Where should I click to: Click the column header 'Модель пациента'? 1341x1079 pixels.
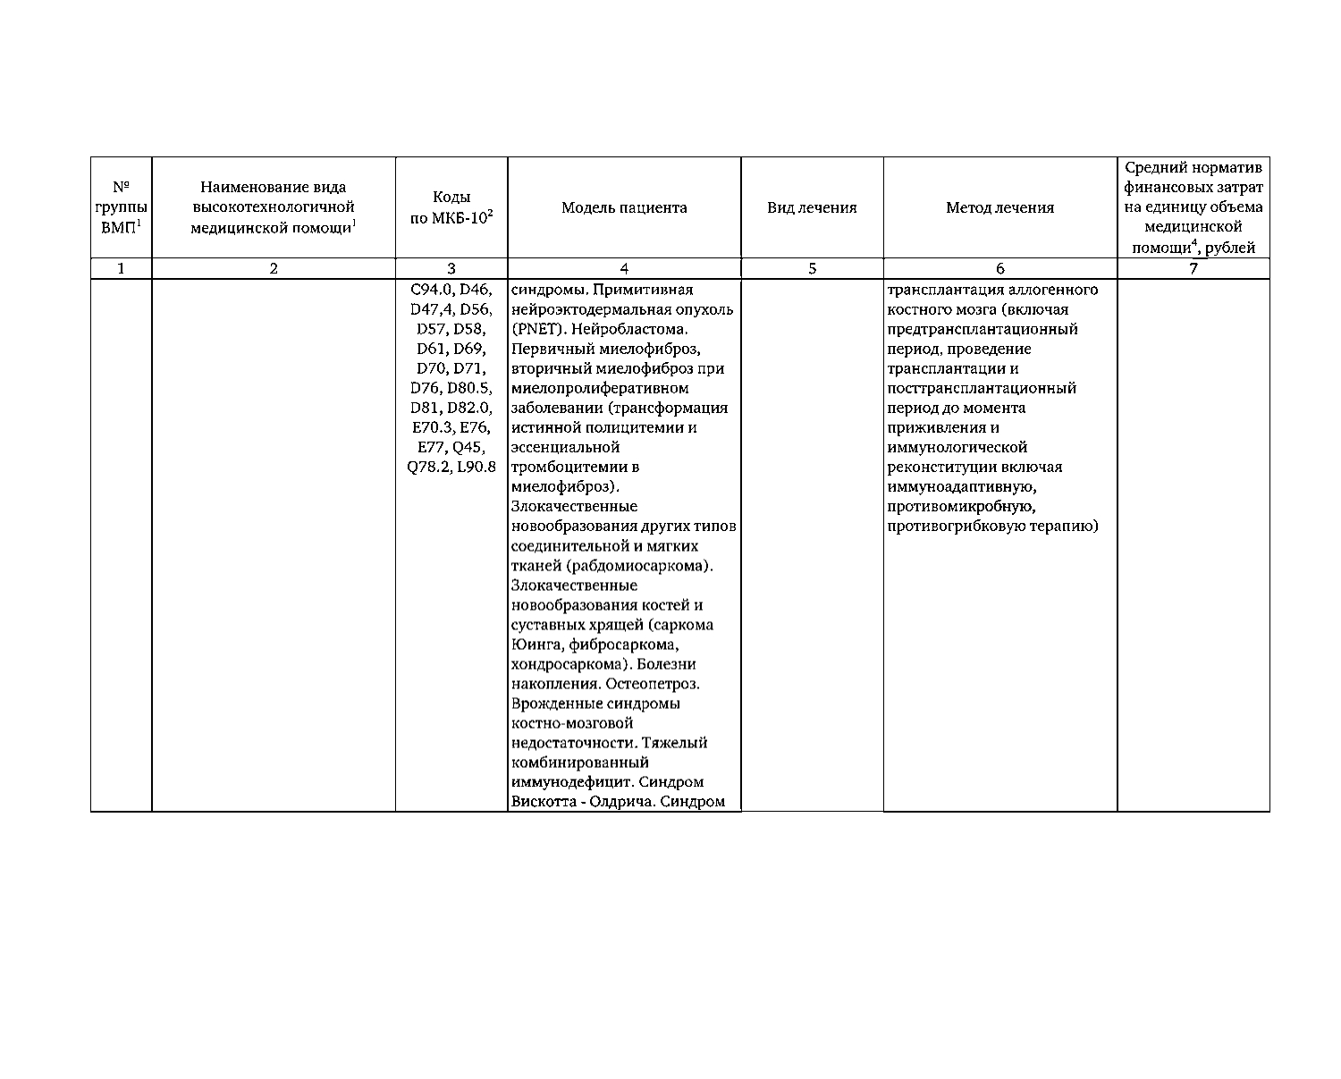[624, 207]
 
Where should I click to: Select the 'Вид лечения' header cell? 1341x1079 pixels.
[812, 207]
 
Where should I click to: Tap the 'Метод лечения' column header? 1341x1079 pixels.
[999, 207]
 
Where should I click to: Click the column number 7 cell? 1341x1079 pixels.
[1193, 268]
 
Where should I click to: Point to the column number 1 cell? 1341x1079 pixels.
[121, 268]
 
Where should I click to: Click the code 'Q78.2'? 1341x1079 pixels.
[429, 467]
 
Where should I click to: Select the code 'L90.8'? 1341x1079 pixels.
[477, 467]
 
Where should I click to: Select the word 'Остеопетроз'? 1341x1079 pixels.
[653, 684]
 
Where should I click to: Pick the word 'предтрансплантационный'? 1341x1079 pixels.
[983, 329]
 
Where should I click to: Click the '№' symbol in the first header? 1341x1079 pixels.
[121, 188]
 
